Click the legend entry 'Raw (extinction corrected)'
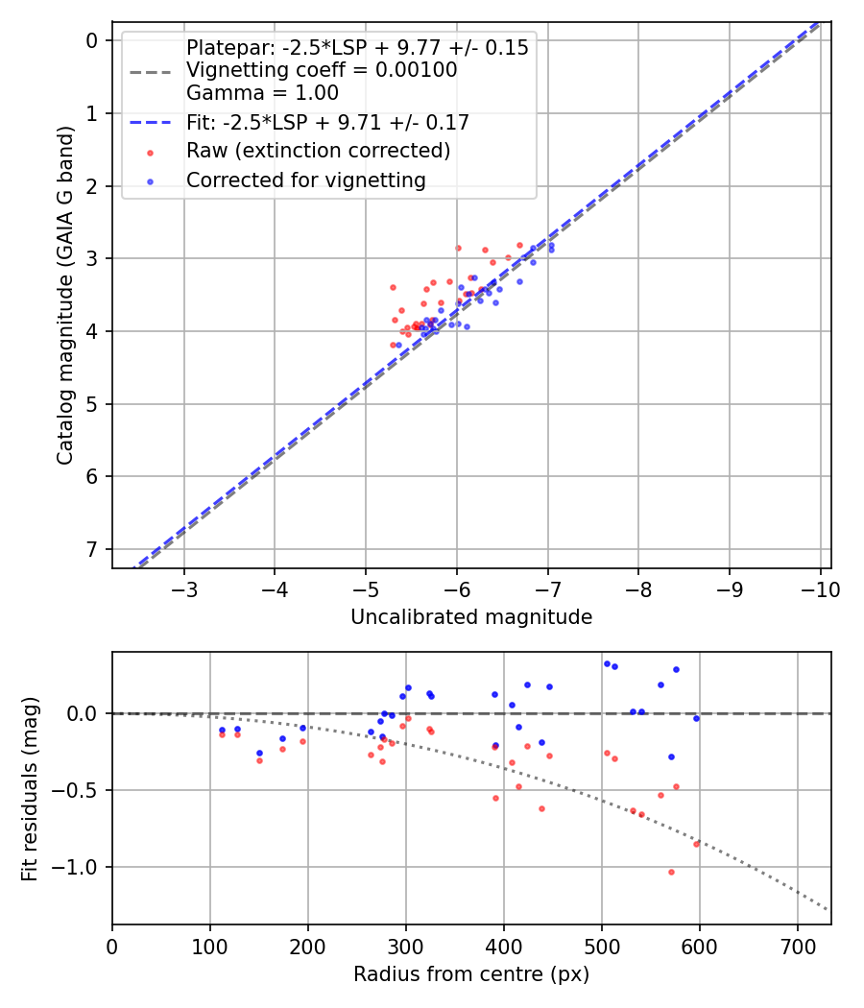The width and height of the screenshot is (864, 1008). [318, 152]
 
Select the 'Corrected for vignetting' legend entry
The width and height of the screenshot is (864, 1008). [304, 180]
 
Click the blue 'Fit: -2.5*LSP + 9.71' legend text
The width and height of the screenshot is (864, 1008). [327, 123]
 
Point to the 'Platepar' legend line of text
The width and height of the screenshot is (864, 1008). [357, 48]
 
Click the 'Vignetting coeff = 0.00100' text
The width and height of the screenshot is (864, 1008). [322, 70]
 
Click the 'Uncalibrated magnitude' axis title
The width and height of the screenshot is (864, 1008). [471, 617]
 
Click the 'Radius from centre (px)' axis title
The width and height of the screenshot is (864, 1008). [471, 974]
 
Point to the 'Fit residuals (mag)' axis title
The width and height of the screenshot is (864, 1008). [30, 788]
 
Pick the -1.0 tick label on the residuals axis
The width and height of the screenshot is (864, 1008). [80, 867]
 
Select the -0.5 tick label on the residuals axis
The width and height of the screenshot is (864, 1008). [80, 790]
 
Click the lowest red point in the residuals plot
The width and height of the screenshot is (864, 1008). [671, 872]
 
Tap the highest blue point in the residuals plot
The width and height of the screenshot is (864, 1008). [607, 663]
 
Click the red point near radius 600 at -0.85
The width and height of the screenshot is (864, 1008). [697, 843]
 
